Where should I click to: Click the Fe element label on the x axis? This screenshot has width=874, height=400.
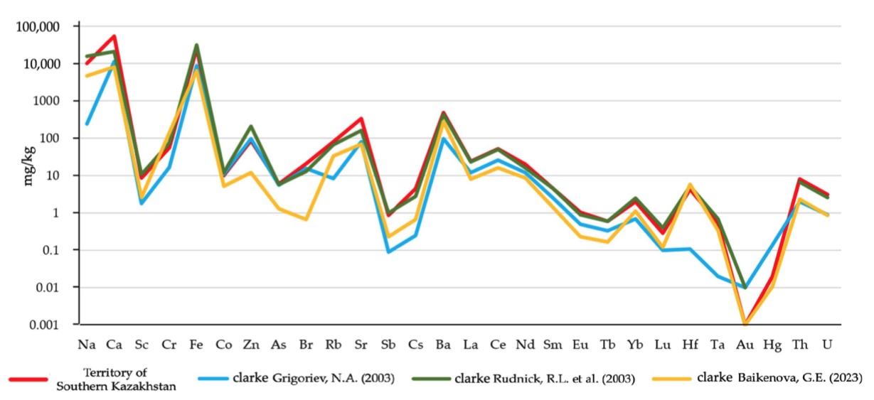[196, 344]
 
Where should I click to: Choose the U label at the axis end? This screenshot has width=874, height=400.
[827, 344]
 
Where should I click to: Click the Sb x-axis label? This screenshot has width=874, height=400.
[388, 344]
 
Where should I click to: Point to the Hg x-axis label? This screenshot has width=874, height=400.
[772, 344]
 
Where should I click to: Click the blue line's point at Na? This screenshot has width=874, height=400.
[87, 124]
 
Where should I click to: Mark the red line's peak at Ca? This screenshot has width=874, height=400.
[114, 36]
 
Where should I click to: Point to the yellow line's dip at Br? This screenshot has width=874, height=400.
[306, 220]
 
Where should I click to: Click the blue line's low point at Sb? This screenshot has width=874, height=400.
[388, 252]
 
